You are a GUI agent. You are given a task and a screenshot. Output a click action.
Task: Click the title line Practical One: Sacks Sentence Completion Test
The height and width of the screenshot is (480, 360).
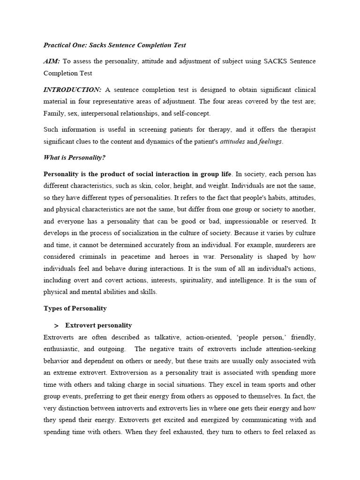(115, 45)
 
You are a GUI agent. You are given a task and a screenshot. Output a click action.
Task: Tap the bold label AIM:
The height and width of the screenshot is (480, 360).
(52, 61)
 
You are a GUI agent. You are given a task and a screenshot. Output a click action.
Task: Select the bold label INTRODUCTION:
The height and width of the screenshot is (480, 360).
(72, 90)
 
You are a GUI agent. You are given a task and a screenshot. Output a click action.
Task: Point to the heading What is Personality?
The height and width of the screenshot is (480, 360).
(75, 157)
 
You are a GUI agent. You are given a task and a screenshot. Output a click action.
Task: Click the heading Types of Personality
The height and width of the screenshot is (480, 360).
(75, 308)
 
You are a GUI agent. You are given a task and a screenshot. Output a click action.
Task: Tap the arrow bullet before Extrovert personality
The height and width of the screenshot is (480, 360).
(56, 325)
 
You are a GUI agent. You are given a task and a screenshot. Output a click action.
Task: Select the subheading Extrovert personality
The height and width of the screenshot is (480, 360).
(98, 325)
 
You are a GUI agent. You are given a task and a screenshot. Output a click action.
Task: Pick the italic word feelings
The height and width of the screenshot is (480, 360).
(270, 142)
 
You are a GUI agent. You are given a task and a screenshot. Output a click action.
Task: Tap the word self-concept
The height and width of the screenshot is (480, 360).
(188, 113)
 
